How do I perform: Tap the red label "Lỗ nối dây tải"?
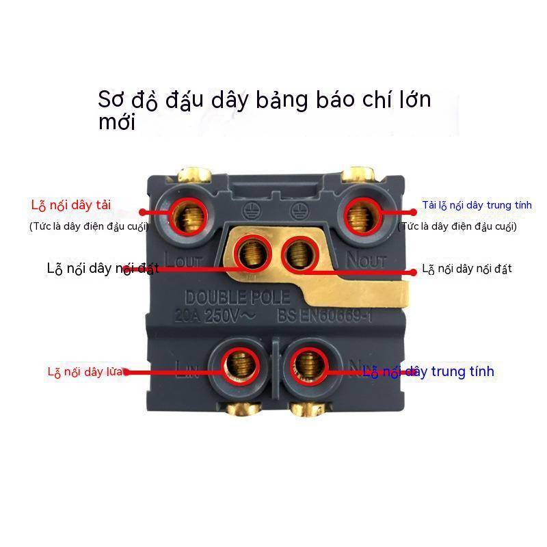tap(70, 204)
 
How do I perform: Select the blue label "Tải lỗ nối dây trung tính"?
tap(468, 204)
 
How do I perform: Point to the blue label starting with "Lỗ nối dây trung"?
tap(428, 371)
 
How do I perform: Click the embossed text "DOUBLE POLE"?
tap(237, 298)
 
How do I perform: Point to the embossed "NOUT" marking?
tap(366, 260)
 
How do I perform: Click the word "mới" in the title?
tap(117, 123)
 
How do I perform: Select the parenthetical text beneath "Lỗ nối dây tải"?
tap(89, 226)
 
